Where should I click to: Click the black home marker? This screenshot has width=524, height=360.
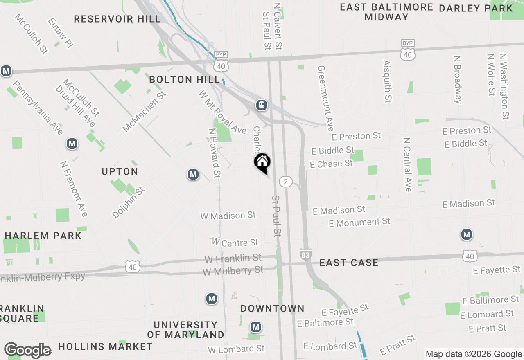(x=262, y=162)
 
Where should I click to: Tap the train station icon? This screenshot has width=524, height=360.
(x=261, y=105)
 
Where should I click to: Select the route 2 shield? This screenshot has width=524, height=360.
(x=286, y=181)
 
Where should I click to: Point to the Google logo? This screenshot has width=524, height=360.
(x=28, y=350)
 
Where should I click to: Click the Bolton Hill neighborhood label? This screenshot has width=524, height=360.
(x=185, y=79)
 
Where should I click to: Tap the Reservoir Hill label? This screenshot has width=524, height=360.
(x=117, y=19)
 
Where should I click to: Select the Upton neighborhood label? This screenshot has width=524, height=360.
(x=120, y=171)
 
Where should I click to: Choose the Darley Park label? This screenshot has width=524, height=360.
(x=476, y=8)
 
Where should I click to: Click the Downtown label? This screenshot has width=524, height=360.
(x=272, y=308)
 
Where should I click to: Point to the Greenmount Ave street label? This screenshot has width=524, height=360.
(x=326, y=98)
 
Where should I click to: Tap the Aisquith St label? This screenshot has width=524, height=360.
(x=388, y=81)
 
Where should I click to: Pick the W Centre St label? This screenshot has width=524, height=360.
(x=235, y=242)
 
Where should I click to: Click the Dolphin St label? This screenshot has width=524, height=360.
(x=129, y=202)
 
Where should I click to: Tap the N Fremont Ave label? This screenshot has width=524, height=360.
(x=74, y=188)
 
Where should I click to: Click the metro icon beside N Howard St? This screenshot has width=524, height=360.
(x=193, y=175)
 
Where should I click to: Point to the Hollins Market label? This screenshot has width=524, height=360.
(x=105, y=347)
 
